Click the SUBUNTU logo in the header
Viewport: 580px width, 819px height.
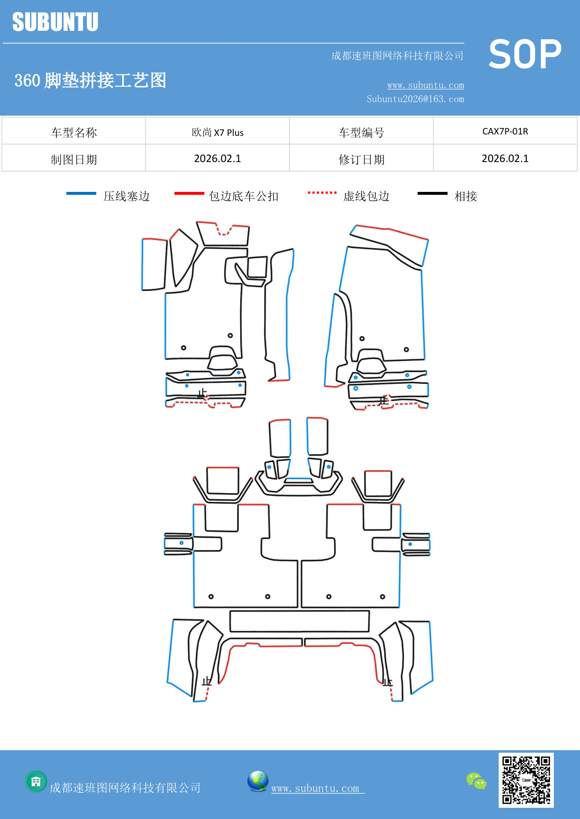(x=55, y=22)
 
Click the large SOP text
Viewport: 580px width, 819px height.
(x=524, y=55)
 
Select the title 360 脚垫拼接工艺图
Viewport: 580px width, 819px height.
(x=90, y=80)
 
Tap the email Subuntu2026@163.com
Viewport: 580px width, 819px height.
(x=415, y=99)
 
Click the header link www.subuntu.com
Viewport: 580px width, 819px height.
(x=425, y=85)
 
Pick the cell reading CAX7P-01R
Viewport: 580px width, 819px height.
(x=505, y=131)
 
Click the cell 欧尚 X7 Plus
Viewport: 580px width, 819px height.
(x=217, y=132)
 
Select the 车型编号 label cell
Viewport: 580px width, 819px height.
(x=361, y=132)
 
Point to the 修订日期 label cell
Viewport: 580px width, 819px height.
(x=361, y=159)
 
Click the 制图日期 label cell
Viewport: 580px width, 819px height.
(x=74, y=159)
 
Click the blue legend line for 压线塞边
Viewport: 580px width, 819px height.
(x=81, y=193)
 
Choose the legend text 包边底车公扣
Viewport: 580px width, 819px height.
(x=243, y=196)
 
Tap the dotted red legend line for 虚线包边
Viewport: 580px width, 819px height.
(x=322, y=192)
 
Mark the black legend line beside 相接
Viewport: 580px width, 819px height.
(x=432, y=193)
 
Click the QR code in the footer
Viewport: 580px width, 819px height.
(x=526, y=780)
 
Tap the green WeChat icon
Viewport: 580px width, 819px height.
(x=476, y=781)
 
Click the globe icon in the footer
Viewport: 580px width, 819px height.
(x=258, y=781)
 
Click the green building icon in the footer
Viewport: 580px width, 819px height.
(x=36, y=781)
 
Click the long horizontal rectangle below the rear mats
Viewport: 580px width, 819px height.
(x=299, y=621)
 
